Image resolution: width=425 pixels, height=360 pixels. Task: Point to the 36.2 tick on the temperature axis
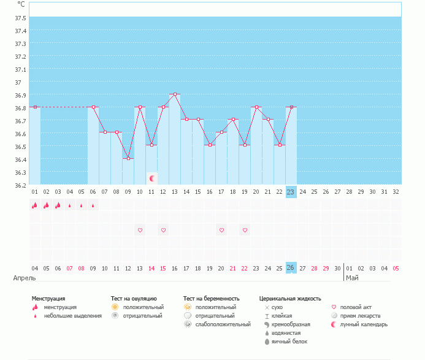coord(20,185)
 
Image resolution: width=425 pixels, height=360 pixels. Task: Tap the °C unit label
coord(21,4)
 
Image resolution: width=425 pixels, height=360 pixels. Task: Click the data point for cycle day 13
coord(175,94)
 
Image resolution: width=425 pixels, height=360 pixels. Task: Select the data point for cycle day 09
coord(128,159)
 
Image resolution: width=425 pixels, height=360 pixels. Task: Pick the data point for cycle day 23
coord(291,107)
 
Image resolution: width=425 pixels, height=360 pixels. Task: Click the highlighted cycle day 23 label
coord(291,192)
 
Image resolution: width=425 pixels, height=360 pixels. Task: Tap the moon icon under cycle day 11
coord(151,178)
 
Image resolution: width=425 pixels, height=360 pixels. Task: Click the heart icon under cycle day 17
coord(221,230)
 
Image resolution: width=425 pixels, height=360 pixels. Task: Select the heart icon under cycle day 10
coord(140,230)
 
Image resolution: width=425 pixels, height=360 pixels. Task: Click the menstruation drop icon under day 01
coord(34,205)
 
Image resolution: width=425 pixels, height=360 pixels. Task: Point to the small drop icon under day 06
coord(93,205)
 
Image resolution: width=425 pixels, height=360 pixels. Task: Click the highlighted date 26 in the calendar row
coord(291,268)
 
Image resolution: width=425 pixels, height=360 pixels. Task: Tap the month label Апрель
coord(25,278)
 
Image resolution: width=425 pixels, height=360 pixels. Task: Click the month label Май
coord(352,278)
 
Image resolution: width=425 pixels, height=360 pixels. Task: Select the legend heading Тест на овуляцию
coord(134,298)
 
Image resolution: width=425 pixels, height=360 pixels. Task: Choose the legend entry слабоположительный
coord(222,324)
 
